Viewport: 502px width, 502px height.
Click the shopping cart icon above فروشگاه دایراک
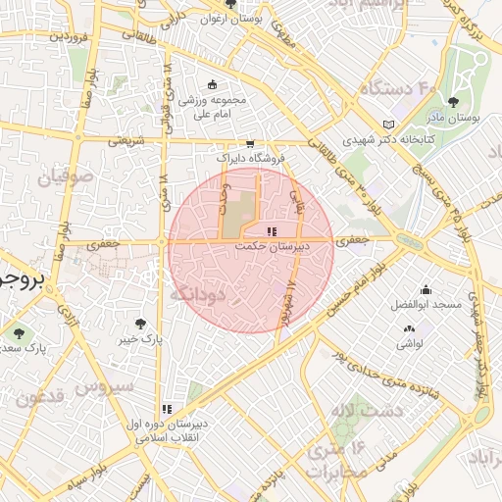(250, 143)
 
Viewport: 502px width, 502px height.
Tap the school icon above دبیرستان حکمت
(271, 231)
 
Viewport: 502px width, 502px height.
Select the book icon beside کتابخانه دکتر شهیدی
(390, 125)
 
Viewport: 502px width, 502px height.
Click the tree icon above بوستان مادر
(453, 101)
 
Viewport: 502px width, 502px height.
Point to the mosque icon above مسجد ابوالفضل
(426, 289)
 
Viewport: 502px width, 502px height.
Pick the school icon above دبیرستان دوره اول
(168, 409)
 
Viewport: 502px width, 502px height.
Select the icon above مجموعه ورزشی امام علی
(214, 85)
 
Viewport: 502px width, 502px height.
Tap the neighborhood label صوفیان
(67, 179)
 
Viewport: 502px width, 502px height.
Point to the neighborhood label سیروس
(109, 386)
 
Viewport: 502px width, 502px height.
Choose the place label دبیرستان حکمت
(272, 247)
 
